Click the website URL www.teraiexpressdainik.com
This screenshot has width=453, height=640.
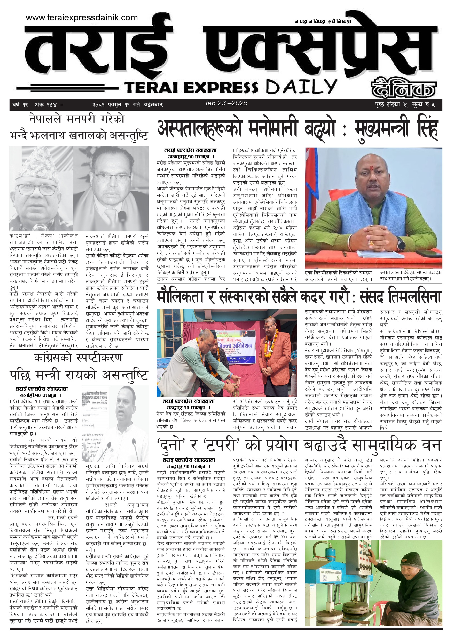click(82, 18)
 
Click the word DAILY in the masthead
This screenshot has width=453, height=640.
click(301, 87)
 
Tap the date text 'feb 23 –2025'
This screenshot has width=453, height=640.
click(226, 103)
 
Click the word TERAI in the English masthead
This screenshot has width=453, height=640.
click(151, 87)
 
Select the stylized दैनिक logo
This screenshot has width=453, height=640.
click(403, 88)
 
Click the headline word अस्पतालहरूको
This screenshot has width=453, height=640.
click(199, 129)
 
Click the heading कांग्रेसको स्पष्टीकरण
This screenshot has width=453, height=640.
click(79, 358)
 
